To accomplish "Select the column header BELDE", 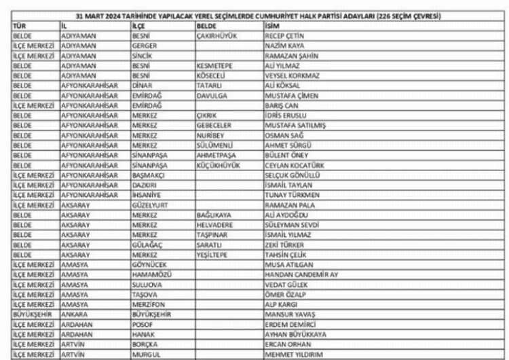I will tap(206, 25).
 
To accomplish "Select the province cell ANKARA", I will tap(75, 314).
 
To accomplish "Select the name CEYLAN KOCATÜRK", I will tap(295, 165).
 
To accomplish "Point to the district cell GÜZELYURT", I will tap(150, 204).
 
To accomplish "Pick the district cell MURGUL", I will tap(146, 355).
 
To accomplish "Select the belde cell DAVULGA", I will tap(210, 96).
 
